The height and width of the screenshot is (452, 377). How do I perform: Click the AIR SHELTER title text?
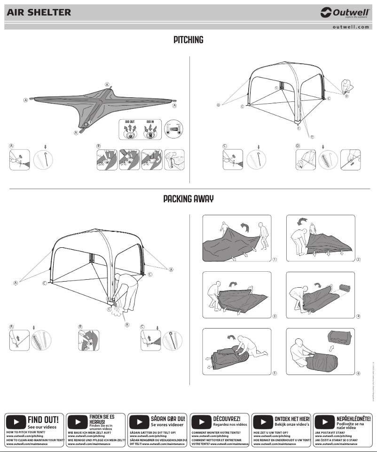[x=39, y=13]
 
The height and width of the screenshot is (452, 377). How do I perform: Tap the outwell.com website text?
[x=350, y=27]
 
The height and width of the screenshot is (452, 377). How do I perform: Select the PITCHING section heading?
[x=188, y=40]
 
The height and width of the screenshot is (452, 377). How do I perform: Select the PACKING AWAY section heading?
[x=188, y=199]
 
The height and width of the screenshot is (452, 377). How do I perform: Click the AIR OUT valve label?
[x=129, y=121]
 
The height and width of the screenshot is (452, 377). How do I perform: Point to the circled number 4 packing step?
[x=358, y=316]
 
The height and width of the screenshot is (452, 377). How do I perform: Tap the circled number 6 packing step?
[x=358, y=374]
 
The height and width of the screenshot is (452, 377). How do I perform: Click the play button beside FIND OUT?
[x=16, y=421]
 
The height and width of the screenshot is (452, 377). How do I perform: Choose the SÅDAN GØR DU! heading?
[x=168, y=418]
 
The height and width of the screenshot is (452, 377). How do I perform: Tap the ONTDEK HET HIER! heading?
[x=292, y=418]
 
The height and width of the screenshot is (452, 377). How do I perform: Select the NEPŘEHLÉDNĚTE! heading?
[x=353, y=418]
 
